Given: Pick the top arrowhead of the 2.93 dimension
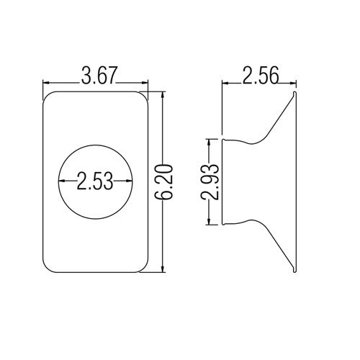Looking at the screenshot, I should (210, 140).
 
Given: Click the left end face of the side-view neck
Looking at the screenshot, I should (223, 181).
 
